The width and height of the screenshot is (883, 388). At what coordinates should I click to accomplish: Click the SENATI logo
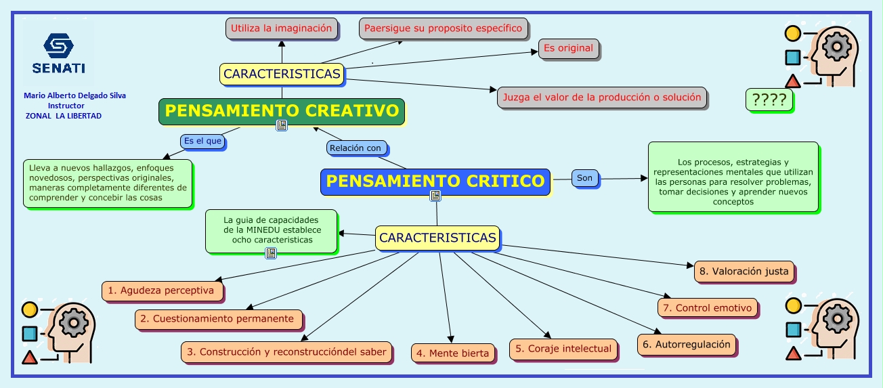coord(58,53)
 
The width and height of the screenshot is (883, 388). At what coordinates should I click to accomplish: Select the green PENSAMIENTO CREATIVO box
coord(282,112)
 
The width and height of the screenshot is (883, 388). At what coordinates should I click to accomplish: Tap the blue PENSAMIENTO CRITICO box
coord(435,181)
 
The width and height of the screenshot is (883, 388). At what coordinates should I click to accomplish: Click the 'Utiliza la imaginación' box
coord(282,28)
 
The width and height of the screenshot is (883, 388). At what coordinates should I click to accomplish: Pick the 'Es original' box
coord(568,49)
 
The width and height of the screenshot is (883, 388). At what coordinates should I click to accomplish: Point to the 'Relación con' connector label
coord(356,148)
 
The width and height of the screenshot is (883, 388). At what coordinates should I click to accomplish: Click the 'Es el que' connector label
coord(202,141)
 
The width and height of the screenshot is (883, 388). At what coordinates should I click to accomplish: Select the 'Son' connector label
coord(585,178)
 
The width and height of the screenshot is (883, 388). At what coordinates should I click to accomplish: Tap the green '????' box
coord(769,100)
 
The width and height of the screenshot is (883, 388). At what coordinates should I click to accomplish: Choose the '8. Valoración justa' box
coord(744,272)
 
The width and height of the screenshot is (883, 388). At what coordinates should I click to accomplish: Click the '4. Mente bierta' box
coord(452,353)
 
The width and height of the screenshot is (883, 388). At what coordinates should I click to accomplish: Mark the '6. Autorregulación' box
coord(687,345)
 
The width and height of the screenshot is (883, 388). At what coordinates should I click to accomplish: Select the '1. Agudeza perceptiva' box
coord(162,291)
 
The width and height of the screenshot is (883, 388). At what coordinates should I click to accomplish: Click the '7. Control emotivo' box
coord(707,308)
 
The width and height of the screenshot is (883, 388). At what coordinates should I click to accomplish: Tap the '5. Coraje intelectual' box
coord(563,349)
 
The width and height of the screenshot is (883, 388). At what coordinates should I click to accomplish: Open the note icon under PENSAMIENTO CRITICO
coord(435,196)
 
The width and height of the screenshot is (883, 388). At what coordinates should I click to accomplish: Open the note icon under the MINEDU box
coord(271,253)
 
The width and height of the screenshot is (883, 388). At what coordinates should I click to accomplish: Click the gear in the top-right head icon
coord(836,47)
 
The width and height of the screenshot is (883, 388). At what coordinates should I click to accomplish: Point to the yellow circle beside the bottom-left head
coord(30,310)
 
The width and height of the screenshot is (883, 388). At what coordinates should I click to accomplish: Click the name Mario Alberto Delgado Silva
coord(75,95)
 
